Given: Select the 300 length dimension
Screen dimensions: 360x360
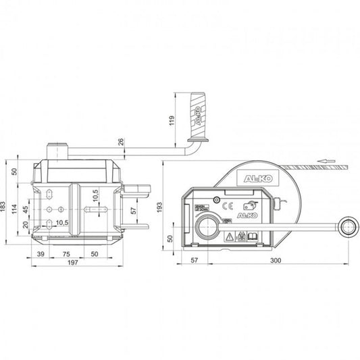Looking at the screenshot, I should [x=276, y=259].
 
